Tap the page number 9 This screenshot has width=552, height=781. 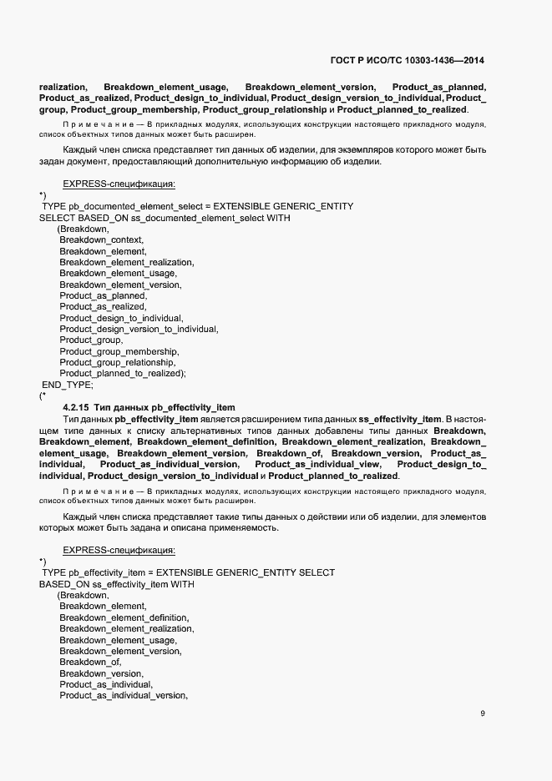pos(483,713)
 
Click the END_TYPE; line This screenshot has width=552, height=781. pos(68,385)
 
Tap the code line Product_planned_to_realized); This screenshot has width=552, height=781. pos(122,374)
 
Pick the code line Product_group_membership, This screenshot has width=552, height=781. pos(113,351)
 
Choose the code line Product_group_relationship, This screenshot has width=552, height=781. pos(117,362)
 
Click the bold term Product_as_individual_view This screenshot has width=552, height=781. pos(318,464)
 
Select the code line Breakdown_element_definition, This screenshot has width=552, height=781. pos(124,617)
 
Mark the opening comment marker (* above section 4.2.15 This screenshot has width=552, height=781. pos(43,396)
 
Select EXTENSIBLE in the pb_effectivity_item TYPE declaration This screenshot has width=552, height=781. pos(185,572)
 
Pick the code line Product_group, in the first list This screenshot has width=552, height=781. pos(91,340)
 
